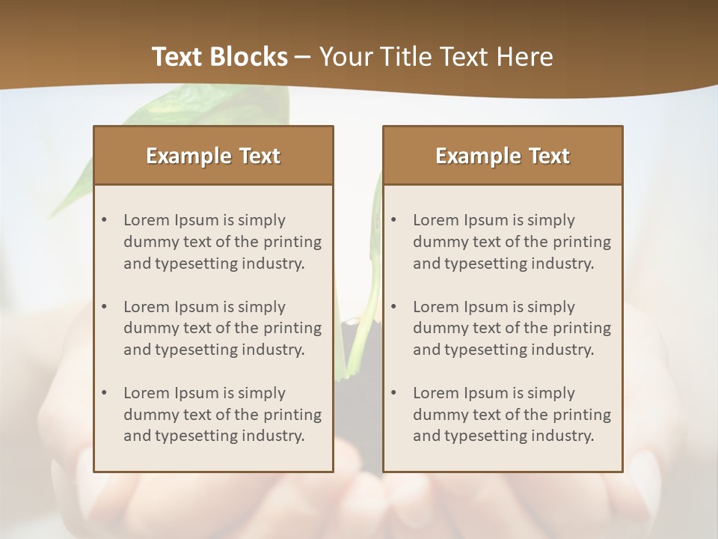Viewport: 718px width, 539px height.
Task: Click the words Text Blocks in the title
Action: (x=219, y=57)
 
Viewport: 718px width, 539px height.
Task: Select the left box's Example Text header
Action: (x=213, y=156)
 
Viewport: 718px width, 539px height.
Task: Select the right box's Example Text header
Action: (x=503, y=156)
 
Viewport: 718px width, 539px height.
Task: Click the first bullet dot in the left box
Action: (x=104, y=220)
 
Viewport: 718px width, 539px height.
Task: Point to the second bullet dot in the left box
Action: (x=104, y=307)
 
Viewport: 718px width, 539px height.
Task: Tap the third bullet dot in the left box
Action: (x=104, y=393)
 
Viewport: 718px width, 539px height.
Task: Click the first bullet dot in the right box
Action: (x=393, y=220)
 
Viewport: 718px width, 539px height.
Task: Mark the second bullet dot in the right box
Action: (x=393, y=307)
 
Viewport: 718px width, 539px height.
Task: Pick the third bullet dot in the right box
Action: (x=393, y=393)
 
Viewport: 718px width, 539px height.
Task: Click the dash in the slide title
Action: (x=304, y=57)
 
